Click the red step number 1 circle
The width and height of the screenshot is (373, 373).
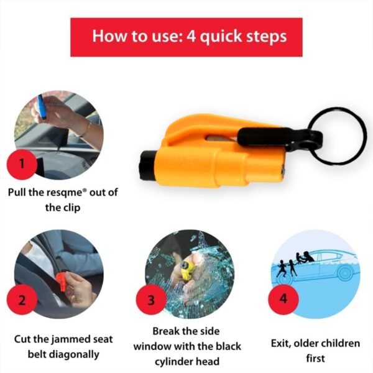click(22, 165)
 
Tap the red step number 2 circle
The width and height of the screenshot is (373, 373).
click(22, 300)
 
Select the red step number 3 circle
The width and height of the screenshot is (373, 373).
click(151, 300)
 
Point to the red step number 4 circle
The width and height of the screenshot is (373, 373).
click(283, 298)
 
